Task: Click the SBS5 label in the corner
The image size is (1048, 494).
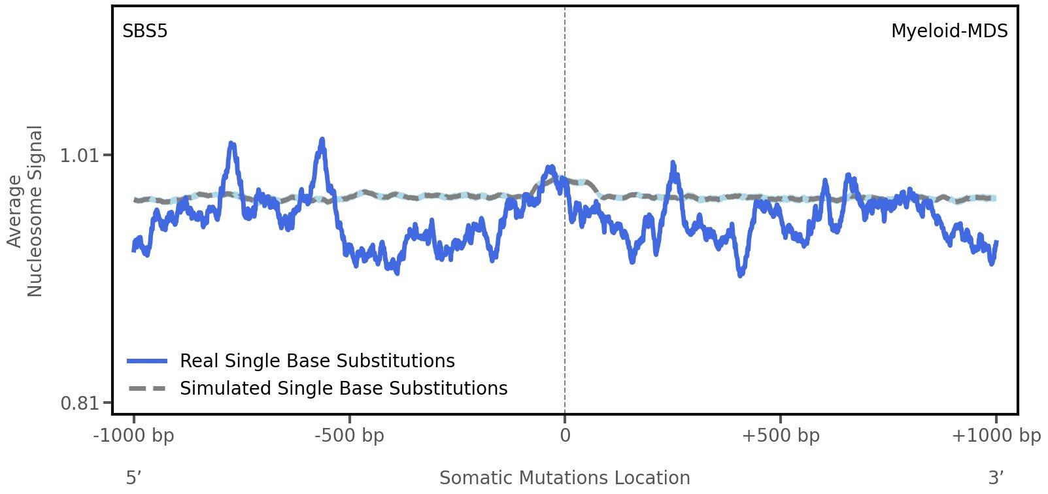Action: click(x=144, y=31)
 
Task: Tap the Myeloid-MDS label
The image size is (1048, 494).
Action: click(x=949, y=31)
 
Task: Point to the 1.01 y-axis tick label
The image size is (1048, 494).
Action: click(x=78, y=156)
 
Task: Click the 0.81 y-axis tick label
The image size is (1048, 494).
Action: click(x=78, y=403)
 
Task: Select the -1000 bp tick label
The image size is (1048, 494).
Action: click(x=134, y=435)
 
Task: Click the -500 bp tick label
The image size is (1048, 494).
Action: click(x=349, y=435)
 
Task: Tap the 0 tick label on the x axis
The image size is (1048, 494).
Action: click(x=565, y=435)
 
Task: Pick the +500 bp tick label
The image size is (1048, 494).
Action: click(x=780, y=435)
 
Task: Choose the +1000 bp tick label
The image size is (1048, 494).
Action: click(x=995, y=435)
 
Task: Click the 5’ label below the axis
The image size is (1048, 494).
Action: click(x=133, y=478)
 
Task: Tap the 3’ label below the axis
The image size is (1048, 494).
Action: click(x=996, y=478)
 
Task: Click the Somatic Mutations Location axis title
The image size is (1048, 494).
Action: click(x=564, y=478)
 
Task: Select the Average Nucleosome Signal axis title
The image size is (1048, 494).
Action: click(x=25, y=211)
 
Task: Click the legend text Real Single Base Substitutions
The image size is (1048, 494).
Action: click(x=317, y=361)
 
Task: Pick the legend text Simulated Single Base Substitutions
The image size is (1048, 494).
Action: click(x=343, y=388)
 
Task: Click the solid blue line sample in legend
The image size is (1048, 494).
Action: click(x=147, y=361)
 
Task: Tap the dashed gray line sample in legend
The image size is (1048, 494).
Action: click(x=147, y=388)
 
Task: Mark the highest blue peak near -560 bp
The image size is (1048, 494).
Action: click(x=322, y=140)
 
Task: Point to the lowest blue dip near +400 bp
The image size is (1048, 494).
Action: click(x=740, y=274)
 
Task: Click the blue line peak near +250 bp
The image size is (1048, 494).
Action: click(x=673, y=163)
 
